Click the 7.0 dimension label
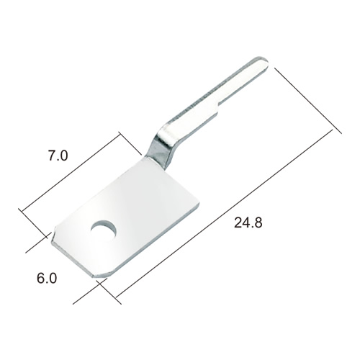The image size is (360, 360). point(58,156)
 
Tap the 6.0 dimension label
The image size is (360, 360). point(47,279)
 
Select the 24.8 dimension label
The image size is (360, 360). point(248,222)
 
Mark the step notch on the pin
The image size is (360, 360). point(218,105)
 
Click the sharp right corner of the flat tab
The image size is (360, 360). point(198,203)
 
